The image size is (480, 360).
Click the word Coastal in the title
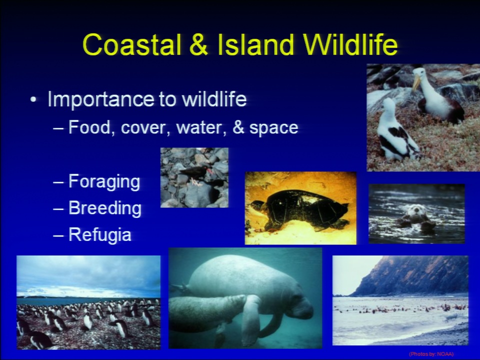(x=132, y=44)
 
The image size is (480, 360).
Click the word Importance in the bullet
(x=100, y=99)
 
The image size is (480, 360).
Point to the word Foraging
(x=104, y=182)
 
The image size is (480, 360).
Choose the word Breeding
(x=105, y=208)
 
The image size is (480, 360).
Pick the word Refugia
(x=100, y=235)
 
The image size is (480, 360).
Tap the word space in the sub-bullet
(x=273, y=128)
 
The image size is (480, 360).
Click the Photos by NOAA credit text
(x=431, y=354)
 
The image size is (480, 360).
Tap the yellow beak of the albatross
(x=416, y=82)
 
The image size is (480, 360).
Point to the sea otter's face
(x=416, y=209)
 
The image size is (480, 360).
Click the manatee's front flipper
(x=250, y=318)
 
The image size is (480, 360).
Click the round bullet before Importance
(x=33, y=100)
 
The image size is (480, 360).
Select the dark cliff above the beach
(x=413, y=275)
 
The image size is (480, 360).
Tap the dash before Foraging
(x=58, y=182)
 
